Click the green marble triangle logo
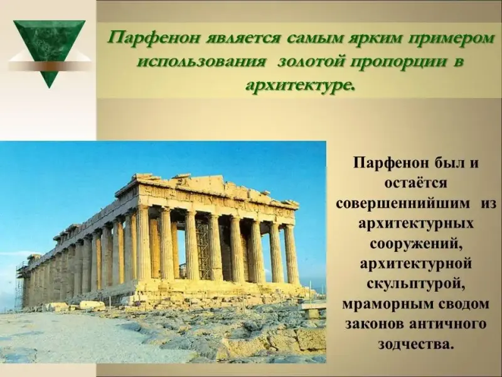pos(50,48)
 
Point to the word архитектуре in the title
pos(301,85)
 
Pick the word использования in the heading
pos(201,62)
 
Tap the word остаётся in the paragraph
pos(416,183)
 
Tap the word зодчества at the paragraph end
pos(416,344)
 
